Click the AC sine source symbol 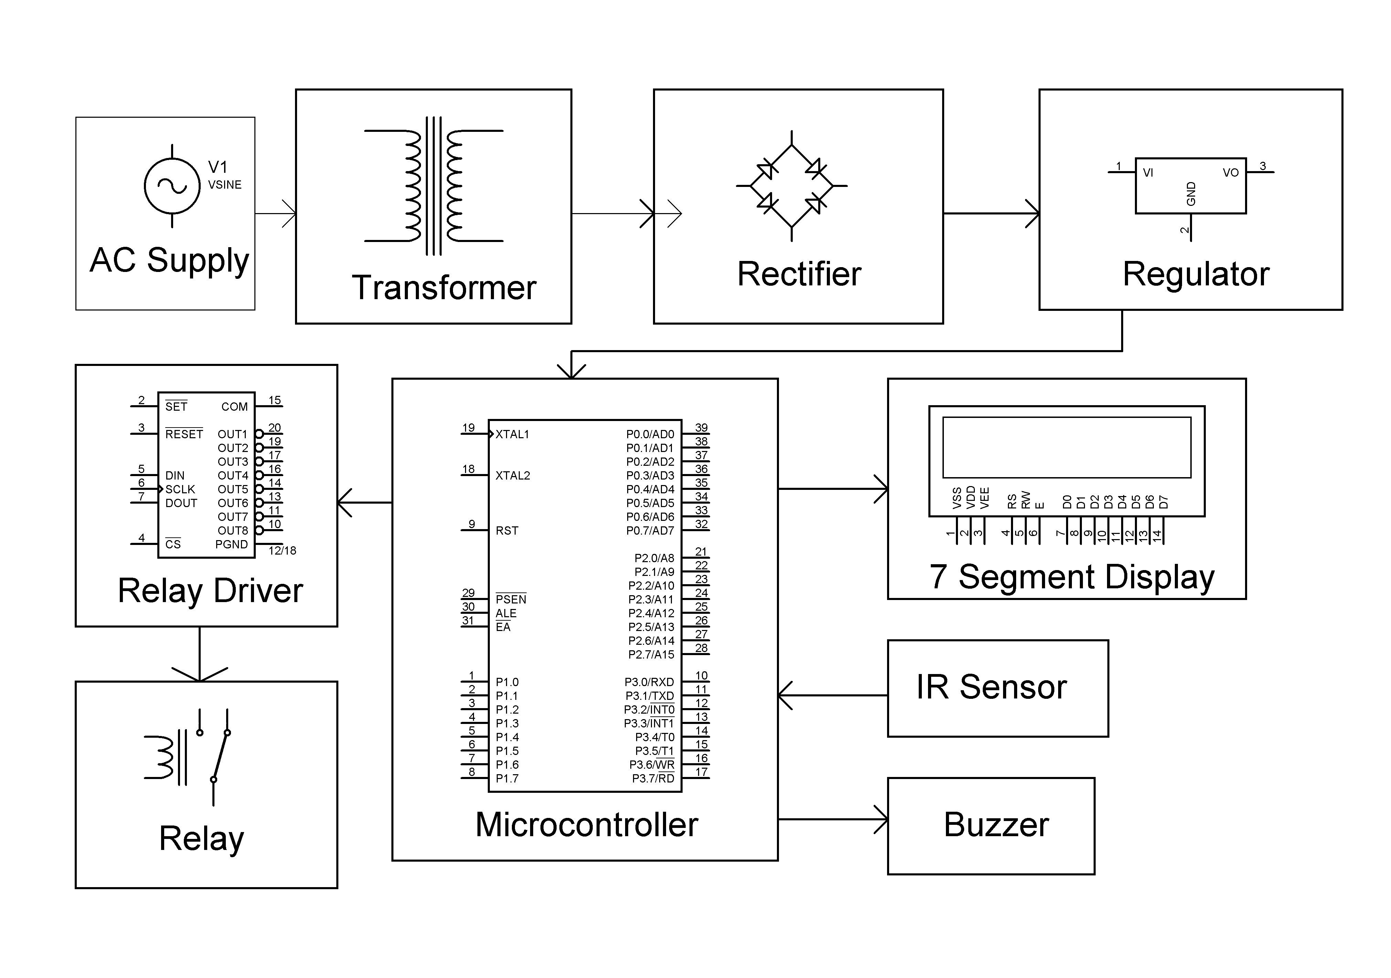(172, 186)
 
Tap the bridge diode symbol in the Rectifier (791, 186)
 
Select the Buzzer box (991, 825)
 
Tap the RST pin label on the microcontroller (507, 531)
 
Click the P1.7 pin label (507, 779)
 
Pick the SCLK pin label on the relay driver (180, 490)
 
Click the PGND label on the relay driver (231, 545)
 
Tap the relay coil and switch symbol (188, 757)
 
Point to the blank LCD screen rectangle (1066, 447)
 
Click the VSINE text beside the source (225, 185)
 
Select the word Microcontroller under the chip (587, 825)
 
